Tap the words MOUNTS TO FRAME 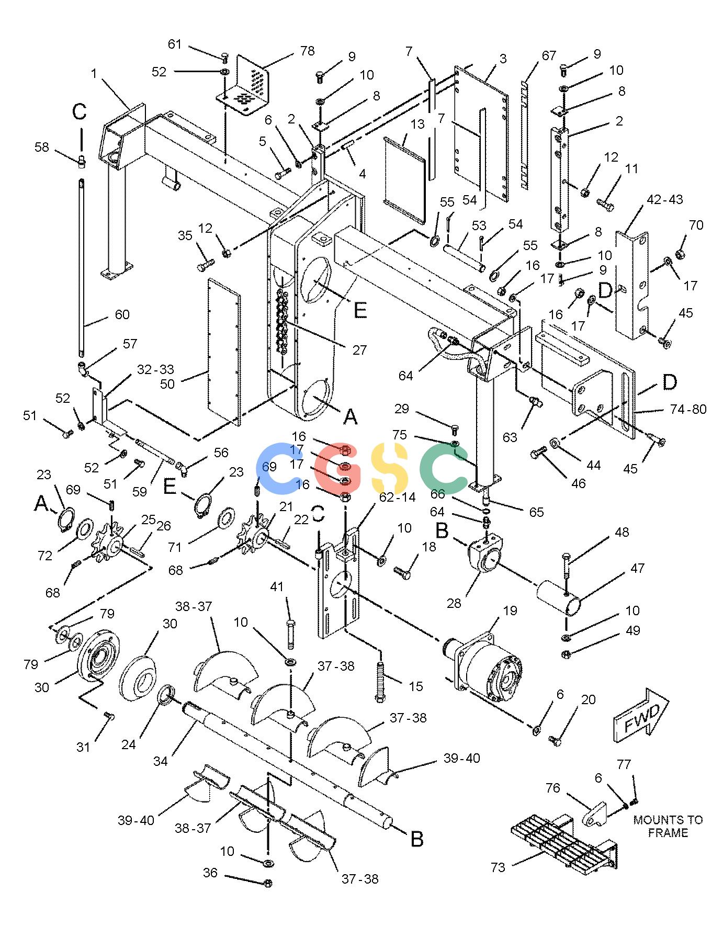[x=668, y=826]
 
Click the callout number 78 [x=307, y=51]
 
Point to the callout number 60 [x=122, y=314]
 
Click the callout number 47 [x=637, y=568]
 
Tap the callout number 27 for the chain [x=359, y=350]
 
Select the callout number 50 [x=167, y=383]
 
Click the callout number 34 [x=161, y=761]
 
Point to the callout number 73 [x=498, y=867]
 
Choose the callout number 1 [x=94, y=74]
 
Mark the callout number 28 [x=454, y=603]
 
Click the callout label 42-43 [x=664, y=199]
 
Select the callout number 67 [x=549, y=55]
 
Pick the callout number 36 [x=210, y=873]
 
